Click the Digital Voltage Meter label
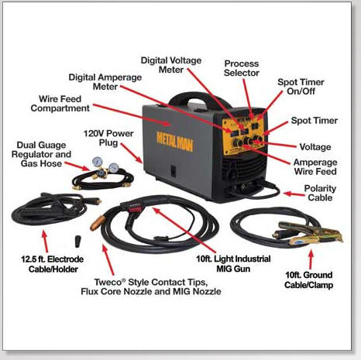tap(171, 65)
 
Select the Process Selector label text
tap(242, 68)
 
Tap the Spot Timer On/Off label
tap(301, 87)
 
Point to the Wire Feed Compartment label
tap(60, 104)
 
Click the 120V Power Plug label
tap(108, 138)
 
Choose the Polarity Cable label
tap(320, 193)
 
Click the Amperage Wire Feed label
tap(315, 167)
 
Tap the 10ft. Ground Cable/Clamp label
tap(308, 279)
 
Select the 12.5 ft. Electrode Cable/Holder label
tap(53, 264)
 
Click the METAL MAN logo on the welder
tap(174, 142)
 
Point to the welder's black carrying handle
tap(199, 99)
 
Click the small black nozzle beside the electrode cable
tap(77, 241)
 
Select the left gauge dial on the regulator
tap(97, 162)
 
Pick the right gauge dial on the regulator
tap(114, 168)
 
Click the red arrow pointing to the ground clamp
tap(311, 259)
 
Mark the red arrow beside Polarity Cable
tap(294, 194)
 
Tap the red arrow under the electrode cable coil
tap(45, 242)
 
